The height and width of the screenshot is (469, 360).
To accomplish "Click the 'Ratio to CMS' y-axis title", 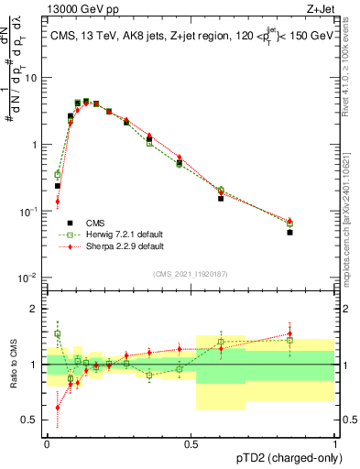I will (12, 364).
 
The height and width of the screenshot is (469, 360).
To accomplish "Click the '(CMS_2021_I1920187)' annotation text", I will (191, 274).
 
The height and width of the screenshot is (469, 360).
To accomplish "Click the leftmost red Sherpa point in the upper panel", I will (57, 202).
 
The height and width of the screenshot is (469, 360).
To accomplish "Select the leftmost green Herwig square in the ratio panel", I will (57, 334).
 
